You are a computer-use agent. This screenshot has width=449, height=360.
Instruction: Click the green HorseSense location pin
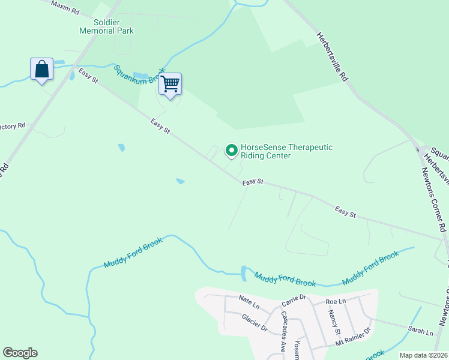tap(231, 151)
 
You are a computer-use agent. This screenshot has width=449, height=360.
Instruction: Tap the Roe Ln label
tap(336, 301)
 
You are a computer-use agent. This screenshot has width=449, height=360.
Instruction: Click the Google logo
tap(20, 353)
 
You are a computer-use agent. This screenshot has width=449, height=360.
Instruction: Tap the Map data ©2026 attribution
tap(423, 355)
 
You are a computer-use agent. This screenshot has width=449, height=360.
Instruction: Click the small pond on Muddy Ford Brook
tap(243, 274)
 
